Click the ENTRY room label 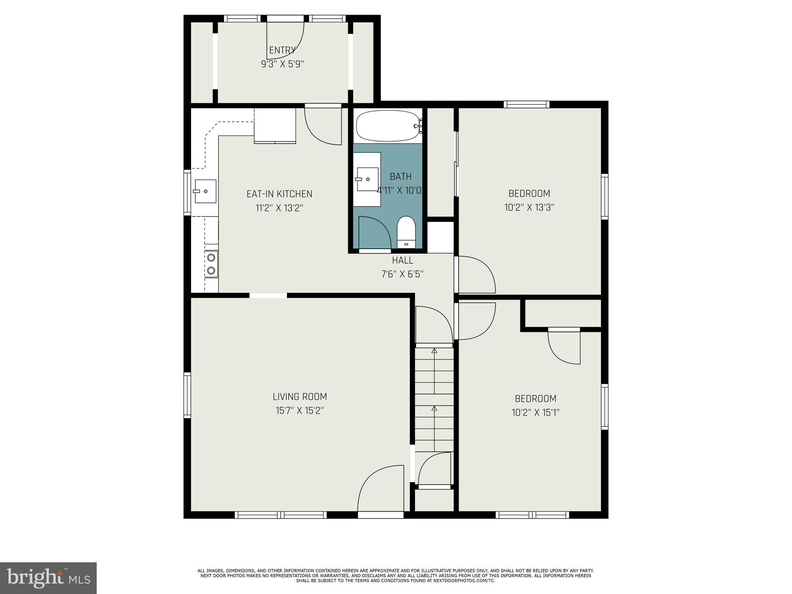coord(282,50)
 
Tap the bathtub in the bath coord(387,126)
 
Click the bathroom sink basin coord(367,179)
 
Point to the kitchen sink coord(205,191)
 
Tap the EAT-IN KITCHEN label coord(279,194)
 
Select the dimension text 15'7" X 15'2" coord(300,411)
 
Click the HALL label coord(403,260)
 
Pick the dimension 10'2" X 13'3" coord(529,208)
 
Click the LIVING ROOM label coord(300,396)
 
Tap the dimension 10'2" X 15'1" coord(536,413)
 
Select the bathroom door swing coord(374,232)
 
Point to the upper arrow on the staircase coord(434,351)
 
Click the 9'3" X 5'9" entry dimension coord(282,64)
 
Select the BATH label coord(401,177)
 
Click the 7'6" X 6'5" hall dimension coord(403,274)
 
